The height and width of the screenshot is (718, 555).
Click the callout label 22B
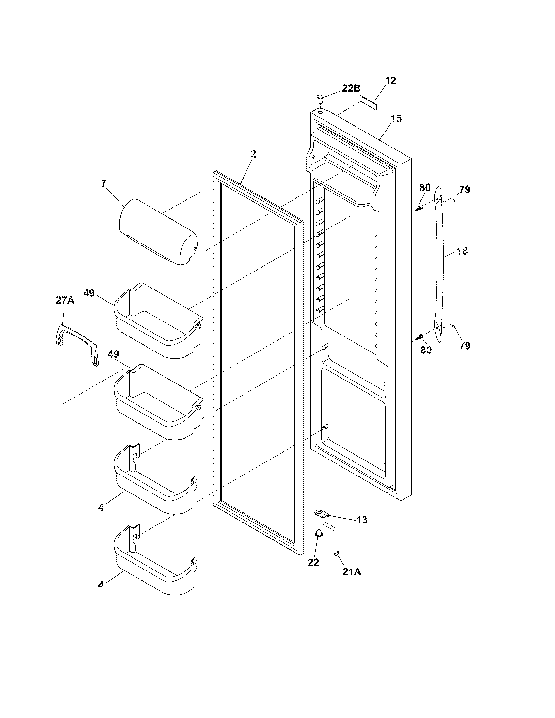point(351,88)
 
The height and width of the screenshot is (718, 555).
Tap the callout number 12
point(390,80)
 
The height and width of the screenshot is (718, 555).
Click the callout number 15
point(397,118)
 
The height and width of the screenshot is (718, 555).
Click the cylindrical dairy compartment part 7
point(158,231)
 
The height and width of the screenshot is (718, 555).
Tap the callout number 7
point(104,183)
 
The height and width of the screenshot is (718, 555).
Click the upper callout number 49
point(89,293)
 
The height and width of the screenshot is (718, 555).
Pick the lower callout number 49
point(113,354)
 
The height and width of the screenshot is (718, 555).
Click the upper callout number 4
point(101,507)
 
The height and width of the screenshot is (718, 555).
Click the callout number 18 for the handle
point(462,251)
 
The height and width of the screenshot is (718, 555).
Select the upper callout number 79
point(465,189)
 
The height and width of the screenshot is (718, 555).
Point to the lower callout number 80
point(426,350)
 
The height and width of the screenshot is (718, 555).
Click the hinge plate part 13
point(322,514)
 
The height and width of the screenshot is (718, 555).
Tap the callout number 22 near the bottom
point(313,563)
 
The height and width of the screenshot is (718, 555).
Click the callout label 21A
point(352,572)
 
